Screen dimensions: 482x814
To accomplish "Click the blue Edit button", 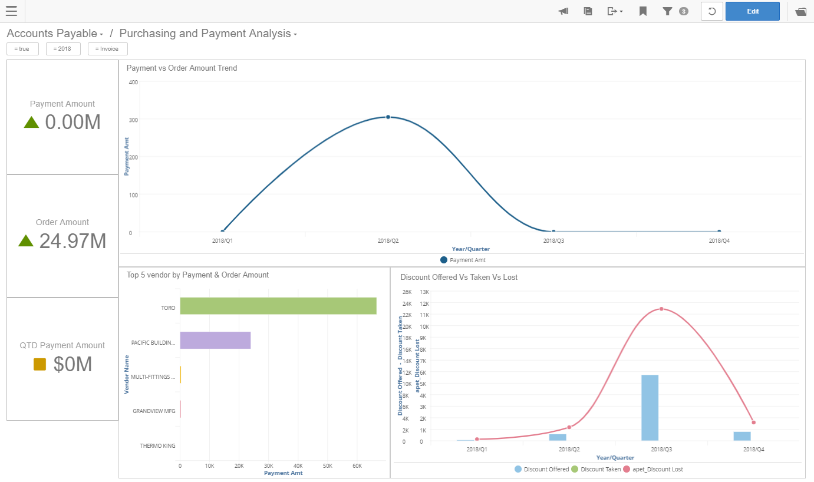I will (752, 11).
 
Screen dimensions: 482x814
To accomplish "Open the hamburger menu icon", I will (11, 11).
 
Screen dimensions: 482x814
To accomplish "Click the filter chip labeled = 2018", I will (62, 49).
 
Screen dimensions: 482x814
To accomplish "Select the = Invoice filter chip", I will (107, 49).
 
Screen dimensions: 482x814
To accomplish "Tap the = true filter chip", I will (22, 49).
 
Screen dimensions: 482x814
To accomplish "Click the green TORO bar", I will (278, 306).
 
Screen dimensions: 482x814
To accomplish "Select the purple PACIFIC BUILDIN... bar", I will (215, 341).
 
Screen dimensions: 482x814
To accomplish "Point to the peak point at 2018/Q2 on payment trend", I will (388, 117).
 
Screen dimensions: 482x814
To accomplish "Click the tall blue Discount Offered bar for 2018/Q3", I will (650, 408).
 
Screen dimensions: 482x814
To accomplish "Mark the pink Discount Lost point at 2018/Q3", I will (661, 309).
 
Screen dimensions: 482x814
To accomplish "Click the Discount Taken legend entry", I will (599, 470).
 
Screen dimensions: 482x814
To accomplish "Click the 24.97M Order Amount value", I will (72, 241).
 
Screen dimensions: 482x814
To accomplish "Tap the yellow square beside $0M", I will (39, 365).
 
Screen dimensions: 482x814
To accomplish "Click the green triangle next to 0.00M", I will (31, 122).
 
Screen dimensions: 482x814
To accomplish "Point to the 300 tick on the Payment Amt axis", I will (133, 120).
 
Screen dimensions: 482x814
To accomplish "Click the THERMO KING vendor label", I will (157, 446).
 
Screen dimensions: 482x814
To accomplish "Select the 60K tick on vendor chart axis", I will (357, 466).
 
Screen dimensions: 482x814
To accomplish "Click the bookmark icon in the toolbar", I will (643, 11).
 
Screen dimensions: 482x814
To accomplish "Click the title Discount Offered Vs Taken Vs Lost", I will (459, 277).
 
